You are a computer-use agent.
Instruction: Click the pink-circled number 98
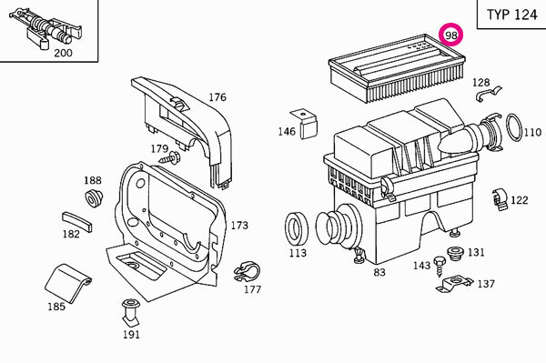click(451, 35)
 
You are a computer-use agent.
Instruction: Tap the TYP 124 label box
click(511, 15)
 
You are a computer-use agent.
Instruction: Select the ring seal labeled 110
click(514, 127)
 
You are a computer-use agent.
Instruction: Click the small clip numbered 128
click(488, 94)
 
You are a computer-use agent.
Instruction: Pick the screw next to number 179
click(170, 158)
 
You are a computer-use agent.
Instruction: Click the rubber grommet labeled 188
click(94, 197)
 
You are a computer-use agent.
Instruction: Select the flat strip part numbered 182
click(77, 221)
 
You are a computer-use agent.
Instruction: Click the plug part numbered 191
click(131, 310)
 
